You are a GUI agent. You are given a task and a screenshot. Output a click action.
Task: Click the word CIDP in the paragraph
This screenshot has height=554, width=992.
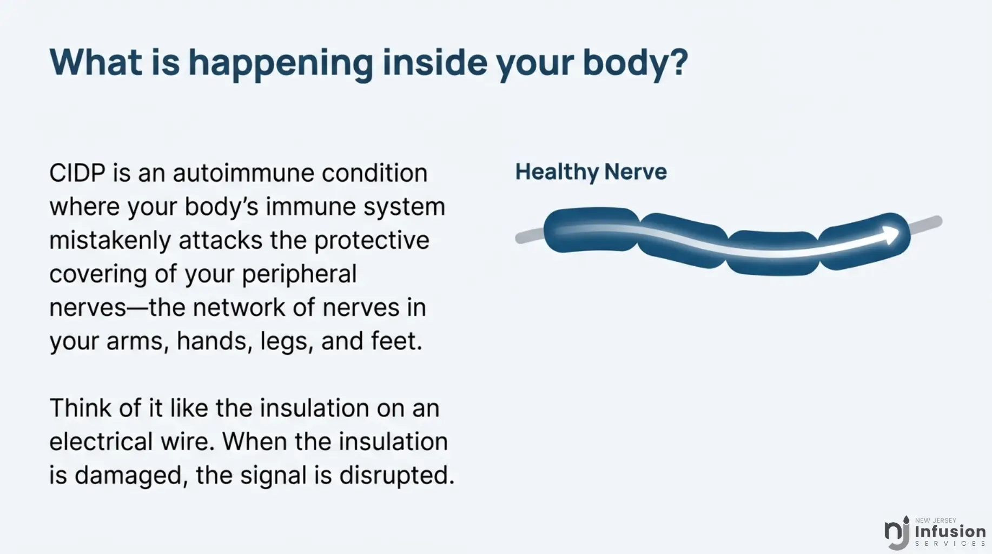[x=77, y=173]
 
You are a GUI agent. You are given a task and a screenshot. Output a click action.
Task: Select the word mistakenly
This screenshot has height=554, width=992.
[x=110, y=241]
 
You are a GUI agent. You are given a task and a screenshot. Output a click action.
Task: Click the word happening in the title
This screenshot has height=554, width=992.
[x=281, y=63]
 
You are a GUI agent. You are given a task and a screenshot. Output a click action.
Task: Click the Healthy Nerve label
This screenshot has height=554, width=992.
[x=591, y=172]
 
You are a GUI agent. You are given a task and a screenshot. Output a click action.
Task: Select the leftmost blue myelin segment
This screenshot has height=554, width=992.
[x=591, y=230]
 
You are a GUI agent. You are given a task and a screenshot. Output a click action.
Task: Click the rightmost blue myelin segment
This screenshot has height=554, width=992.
[x=864, y=241]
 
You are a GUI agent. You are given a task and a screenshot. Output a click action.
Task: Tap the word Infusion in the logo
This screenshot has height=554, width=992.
[x=950, y=532]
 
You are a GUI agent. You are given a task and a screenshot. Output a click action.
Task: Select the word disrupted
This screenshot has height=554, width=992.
[x=396, y=476]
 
